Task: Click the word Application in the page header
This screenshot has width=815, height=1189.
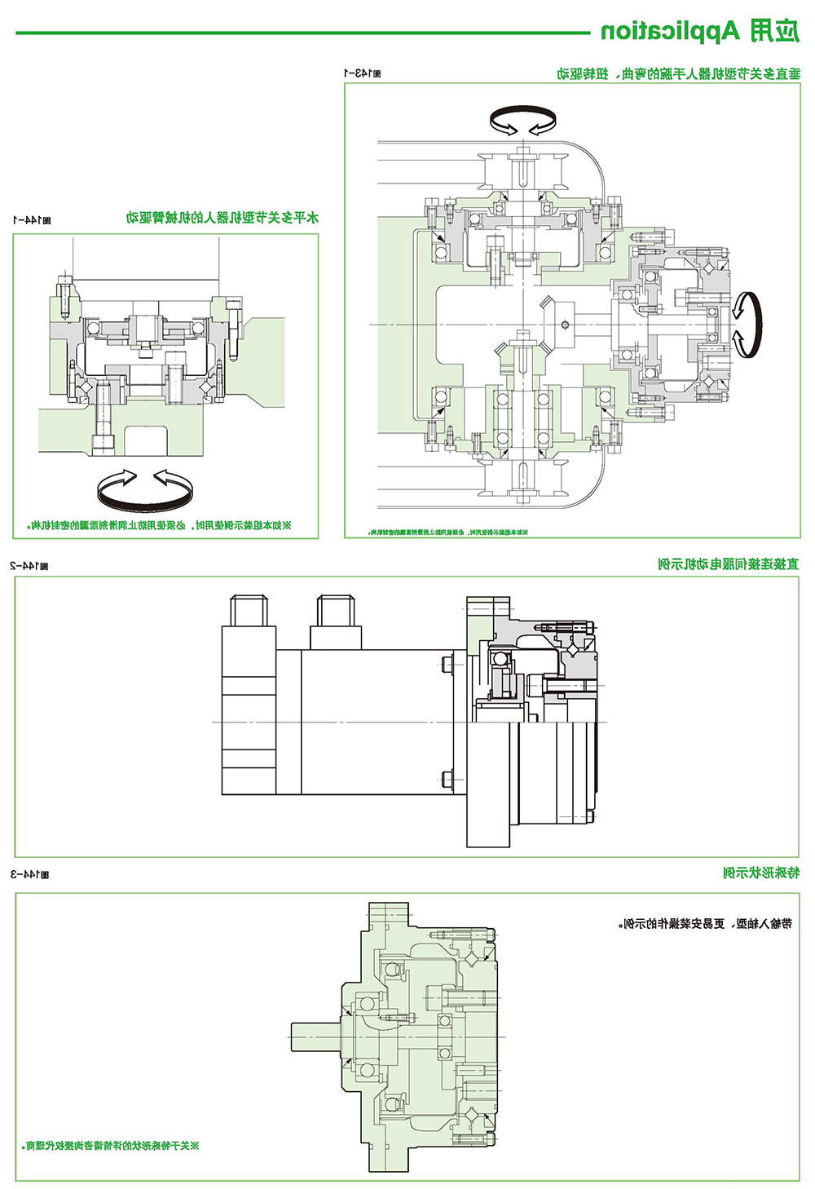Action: point(670,32)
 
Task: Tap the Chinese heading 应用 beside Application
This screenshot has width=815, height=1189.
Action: point(773,31)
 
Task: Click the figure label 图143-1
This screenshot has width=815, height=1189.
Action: point(361,73)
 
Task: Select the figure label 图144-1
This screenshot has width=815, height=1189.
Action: point(32,220)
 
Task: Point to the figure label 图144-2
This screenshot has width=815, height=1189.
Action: point(29,565)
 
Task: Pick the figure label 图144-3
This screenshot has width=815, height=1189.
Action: point(29,874)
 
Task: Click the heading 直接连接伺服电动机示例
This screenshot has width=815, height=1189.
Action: point(728,564)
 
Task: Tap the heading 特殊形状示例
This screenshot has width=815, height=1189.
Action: point(761,873)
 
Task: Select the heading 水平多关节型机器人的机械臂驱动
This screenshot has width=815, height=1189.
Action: point(222,218)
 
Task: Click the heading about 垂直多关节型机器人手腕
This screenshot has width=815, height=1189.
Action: point(678,74)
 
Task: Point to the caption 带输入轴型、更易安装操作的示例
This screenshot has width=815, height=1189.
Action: point(705,924)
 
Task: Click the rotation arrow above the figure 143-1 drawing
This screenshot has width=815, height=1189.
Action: point(522,122)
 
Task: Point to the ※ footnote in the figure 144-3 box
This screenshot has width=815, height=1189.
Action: point(111,1146)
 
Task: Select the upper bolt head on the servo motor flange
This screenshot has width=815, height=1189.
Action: point(447,664)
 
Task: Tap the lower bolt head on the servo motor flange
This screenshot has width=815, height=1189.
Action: point(447,779)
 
